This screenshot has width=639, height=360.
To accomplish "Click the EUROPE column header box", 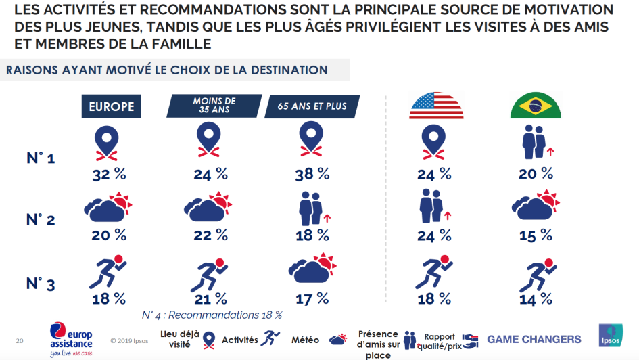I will (112, 106).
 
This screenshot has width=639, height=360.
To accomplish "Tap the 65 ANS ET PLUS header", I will (312, 106).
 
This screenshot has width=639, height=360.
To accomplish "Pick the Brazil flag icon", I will (531, 106).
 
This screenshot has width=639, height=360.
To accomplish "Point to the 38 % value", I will (312, 174).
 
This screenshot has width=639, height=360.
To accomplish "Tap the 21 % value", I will (211, 298).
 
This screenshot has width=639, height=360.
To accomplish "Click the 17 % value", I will (312, 298).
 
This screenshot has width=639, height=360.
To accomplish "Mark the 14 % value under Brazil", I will (536, 298).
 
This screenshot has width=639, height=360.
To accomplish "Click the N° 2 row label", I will (41, 220).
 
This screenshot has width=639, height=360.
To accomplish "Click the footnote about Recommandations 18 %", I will (212, 315).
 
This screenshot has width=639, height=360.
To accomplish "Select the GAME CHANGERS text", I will (534, 339).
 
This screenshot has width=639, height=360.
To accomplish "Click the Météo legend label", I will (306, 340).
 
